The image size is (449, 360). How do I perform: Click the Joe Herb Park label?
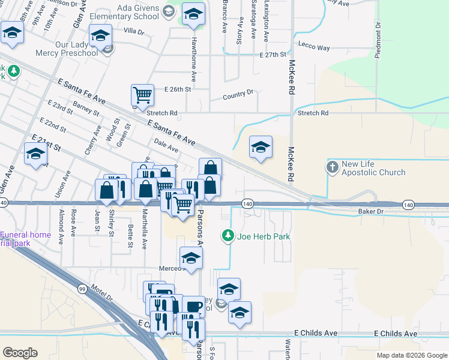(264, 236)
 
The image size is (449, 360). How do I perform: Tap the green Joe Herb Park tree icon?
(228, 236)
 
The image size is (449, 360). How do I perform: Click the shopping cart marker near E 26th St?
(142, 95)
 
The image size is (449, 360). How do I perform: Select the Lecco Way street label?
(315, 47)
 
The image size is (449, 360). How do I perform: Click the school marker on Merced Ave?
(191, 257)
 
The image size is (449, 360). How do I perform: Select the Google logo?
(20, 353)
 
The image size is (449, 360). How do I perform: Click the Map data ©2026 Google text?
(412, 355)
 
